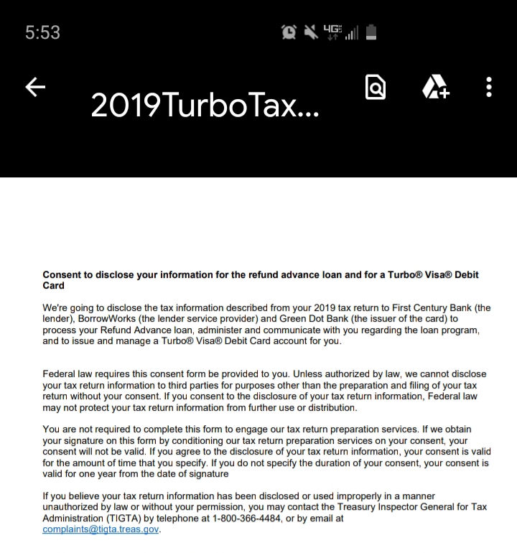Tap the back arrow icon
[x=35, y=87]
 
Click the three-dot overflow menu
[x=489, y=87]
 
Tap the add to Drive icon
[x=434, y=88]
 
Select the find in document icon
[x=376, y=88]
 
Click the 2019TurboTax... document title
[x=205, y=107]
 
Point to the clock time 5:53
[x=42, y=32]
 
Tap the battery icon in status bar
[x=371, y=32]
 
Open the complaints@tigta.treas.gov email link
[x=101, y=530]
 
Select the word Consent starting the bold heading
[x=62, y=274]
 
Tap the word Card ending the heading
[x=53, y=285]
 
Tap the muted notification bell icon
[x=311, y=32]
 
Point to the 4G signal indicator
[x=333, y=32]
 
